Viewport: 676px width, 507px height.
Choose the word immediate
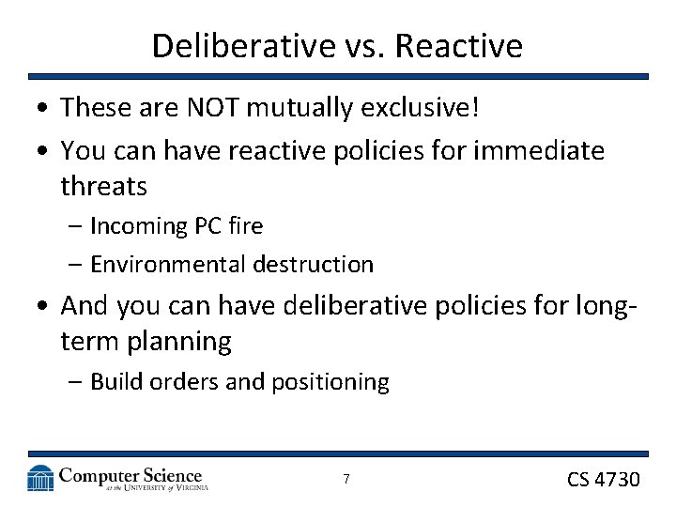click(x=545, y=149)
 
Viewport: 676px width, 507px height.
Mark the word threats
click(x=103, y=186)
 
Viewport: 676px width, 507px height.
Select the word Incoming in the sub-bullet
click(x=139, y=226)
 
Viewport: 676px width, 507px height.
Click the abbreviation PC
click(x=207, y=226)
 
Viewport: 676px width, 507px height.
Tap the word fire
click(x=245, y=226)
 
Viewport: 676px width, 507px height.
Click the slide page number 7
click(x=346, y=480)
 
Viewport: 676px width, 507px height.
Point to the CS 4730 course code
click(x=603, y=480)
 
